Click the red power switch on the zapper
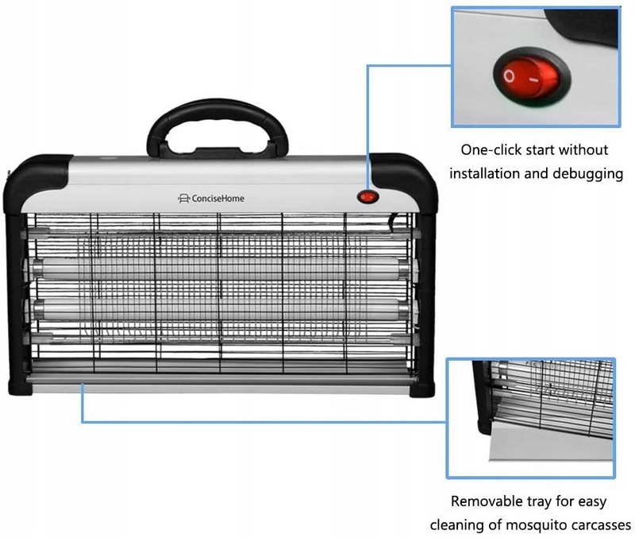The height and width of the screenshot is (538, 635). pos(368,197)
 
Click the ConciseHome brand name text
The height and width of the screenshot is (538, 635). pos(217,198)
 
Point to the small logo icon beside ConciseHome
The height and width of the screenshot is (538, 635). pos(184,198)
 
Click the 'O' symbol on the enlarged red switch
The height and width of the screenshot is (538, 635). pos(509,75)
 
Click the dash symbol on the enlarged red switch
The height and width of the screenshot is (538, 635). pos(534,79)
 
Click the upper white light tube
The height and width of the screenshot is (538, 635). pos(221,268)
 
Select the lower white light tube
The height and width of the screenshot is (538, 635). pos(221,309)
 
